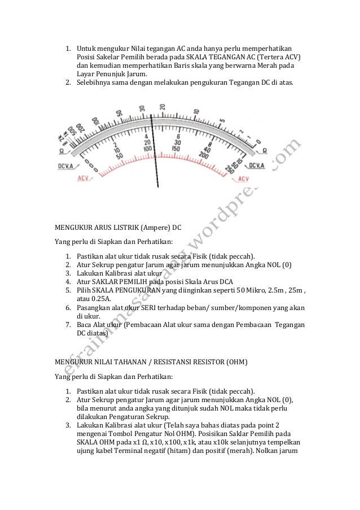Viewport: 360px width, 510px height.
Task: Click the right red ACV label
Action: click(x=243, y=178)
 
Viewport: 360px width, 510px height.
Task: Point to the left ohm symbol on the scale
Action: click(x=61, y=151)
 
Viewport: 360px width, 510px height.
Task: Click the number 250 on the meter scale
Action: click(x=229, y=169)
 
